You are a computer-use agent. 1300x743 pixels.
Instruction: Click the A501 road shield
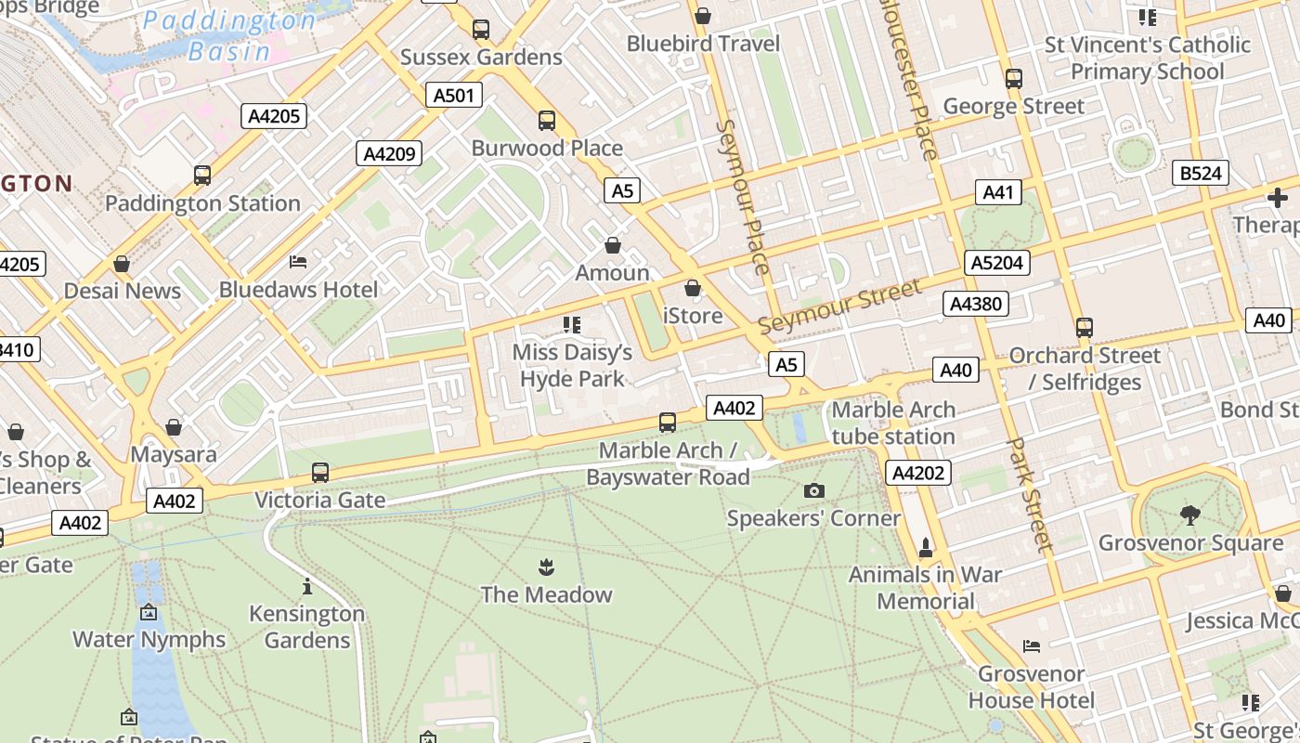pyautogui.click(x=454, y=95)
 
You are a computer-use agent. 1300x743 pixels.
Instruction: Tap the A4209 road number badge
pyautogui.click(x=389, y=153)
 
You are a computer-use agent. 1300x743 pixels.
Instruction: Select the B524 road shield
pyautogui.click(x=1200, y=173)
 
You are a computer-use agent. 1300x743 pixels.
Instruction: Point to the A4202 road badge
pyautogui.click(x=917, y=473)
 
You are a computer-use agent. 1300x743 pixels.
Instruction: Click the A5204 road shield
pyautogui.click(x=996, y=263)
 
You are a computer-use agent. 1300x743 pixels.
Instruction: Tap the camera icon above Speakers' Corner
pyautogui.click(x=813, y=490)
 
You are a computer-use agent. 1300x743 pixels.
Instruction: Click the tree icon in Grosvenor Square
pyautogui.click(x=1189, y=515)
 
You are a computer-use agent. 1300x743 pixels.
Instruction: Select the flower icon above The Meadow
pyautogui.click(x=546, y=567)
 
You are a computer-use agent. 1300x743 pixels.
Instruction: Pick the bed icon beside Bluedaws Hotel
pyautogui.click(x=298, y=262)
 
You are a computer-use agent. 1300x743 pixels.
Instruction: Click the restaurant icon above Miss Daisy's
pyautogui.click(x=572, y=324)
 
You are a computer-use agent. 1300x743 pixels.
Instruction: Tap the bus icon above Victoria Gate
pyautogui.click(x=320, y=472)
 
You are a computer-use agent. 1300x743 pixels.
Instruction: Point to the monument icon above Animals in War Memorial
pyautogui.click(x=925, y=546)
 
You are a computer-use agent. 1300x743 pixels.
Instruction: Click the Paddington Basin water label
pyautogui.click(x=229, y=35)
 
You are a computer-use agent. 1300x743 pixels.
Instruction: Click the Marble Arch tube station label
pyautogui.click(x=893, y=424)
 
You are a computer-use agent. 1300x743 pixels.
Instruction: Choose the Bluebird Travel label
pyautogui.click(x=703, y=44)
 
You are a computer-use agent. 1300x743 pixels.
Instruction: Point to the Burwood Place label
pyautogui.click(x=547, y=148)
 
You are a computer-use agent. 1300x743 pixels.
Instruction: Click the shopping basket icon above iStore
pyautogui.click(x=692, y=288)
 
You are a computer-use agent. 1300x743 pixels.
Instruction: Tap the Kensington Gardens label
pyautogui.click(x=306, y=627)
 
